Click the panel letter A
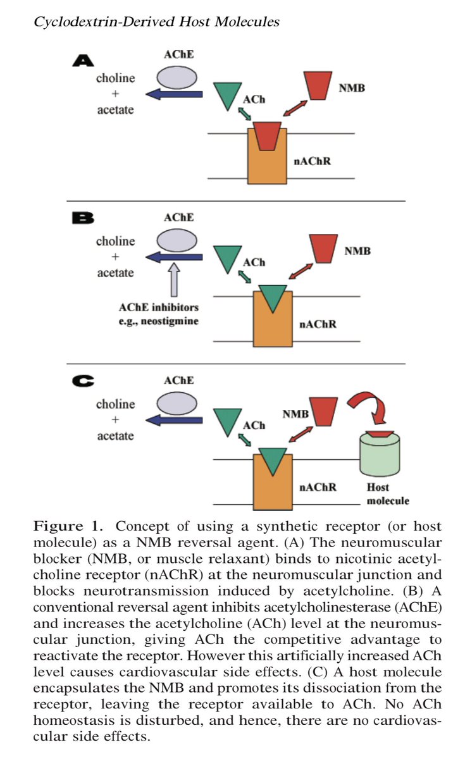click(83, 61)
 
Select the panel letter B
click(83, 219)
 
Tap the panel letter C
click(83, 381)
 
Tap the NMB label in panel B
click(357, 251)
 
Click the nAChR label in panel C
click(317, 488)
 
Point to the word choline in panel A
click(115, 78)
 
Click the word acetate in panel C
click(115, 436)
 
